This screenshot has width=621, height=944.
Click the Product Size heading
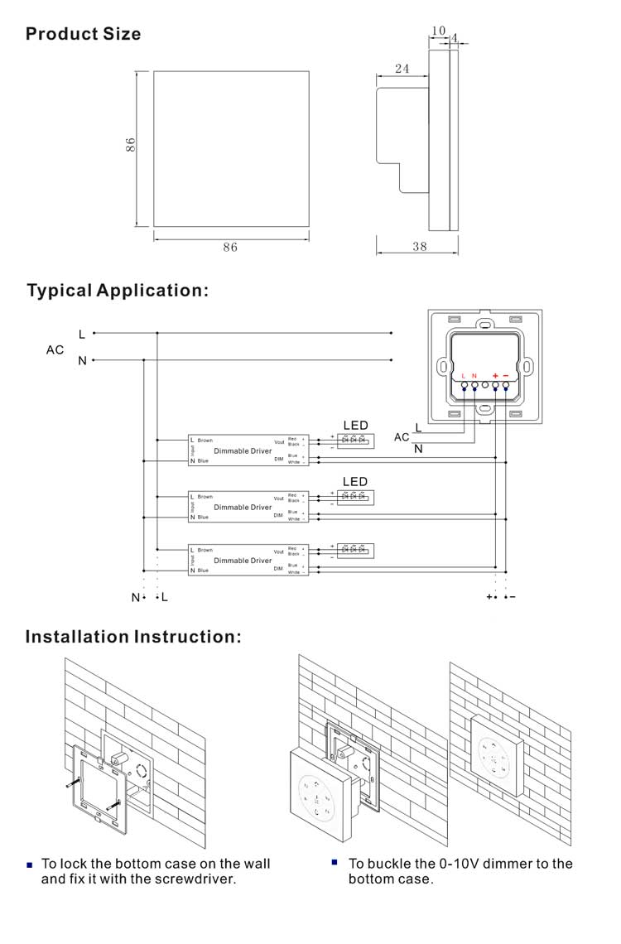tap(83, 34)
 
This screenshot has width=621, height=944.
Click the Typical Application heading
tap(118, 291)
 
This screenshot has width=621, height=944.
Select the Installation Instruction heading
tap(133, 637)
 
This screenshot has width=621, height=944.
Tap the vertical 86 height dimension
tap(130, 145)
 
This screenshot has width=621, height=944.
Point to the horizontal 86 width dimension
tap(230, 247)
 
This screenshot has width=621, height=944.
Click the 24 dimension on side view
tap(402, 70)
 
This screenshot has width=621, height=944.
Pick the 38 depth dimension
tap(420, 246)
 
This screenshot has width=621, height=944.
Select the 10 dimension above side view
tap(438, 31)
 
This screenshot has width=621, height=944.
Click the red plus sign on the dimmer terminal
tap(494, 376)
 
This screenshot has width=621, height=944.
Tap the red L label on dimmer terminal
tap(464, 376)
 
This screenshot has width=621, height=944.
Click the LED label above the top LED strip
tap(355, 425)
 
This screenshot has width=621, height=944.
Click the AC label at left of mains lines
tap(55, 350)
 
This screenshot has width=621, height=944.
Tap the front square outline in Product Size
tap(230, 147)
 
